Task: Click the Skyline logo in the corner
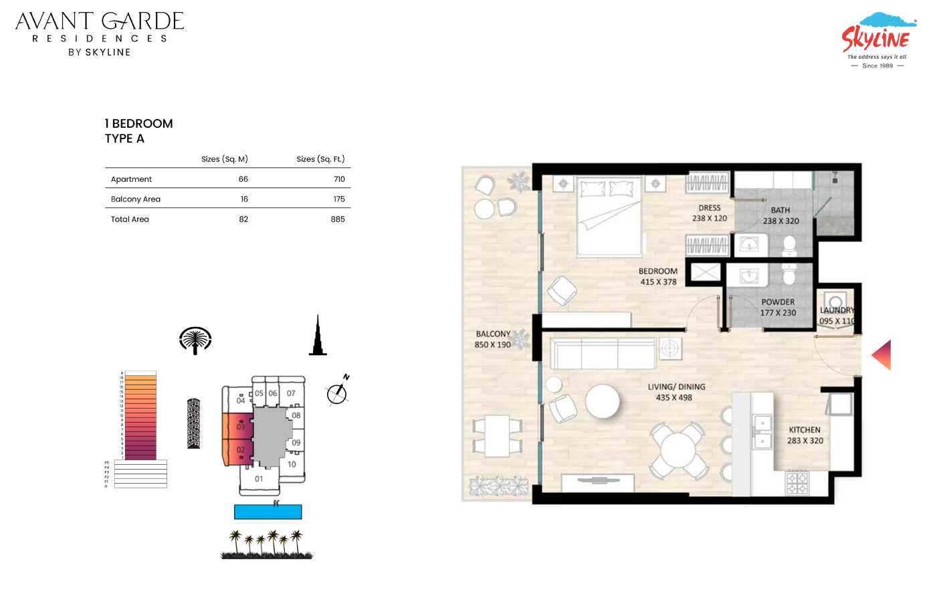click(876, 40)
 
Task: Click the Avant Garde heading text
click(100, 21)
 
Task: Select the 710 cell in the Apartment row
click(339, 179)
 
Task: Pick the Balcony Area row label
click(136, 199)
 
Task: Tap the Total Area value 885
click(338, 219)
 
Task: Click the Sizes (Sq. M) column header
click(225, 159)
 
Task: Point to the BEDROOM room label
click(658, 272)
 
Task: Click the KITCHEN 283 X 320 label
click(805, 435)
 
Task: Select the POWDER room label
click(778, 302)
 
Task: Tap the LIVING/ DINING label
click(676, 387)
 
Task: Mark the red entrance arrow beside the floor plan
click(881, 355)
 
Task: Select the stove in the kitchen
click(797, 483)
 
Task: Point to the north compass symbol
click(338, 393)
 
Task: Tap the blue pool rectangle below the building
click(268, 512)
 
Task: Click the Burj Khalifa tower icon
click(318, 336)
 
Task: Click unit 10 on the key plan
click(292, 464)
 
